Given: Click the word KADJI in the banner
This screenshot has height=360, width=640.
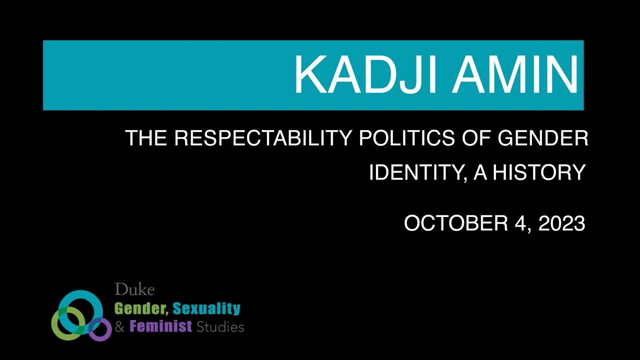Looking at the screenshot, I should (x=367, y=74).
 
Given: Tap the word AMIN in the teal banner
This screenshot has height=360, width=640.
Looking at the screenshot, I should (x=515, y=74).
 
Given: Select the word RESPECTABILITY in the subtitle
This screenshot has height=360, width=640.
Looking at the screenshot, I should (x=262, y=138).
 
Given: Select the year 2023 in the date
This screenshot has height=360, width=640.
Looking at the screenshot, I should (x=561, y=223).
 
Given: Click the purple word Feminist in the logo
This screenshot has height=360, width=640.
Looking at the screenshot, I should (x=160, y=327).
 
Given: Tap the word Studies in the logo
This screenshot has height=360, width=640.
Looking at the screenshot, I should (x=220, y=327).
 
